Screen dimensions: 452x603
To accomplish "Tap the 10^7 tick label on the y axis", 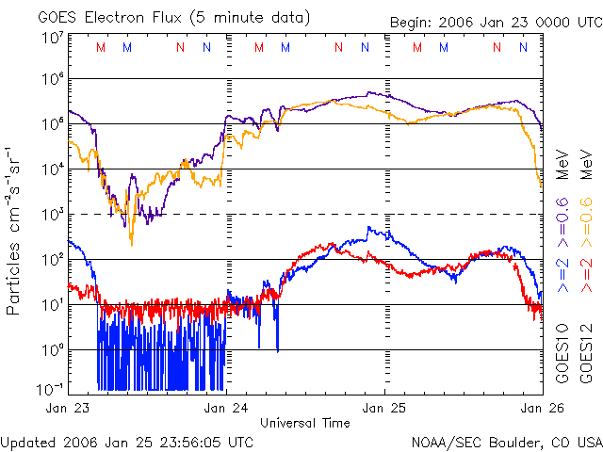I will [51, 39].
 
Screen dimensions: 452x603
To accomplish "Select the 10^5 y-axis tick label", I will [51, 124].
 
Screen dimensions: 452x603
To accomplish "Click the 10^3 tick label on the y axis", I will [51, 215].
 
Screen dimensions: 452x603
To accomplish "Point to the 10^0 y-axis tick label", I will [51, 349].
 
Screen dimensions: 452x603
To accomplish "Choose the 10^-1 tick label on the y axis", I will [50, 389].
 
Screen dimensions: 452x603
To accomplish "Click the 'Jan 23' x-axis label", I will [68, 408].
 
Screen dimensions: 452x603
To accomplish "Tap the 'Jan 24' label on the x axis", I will [225, 408].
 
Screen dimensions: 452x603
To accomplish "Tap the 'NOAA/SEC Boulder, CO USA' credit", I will [506, 441].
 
